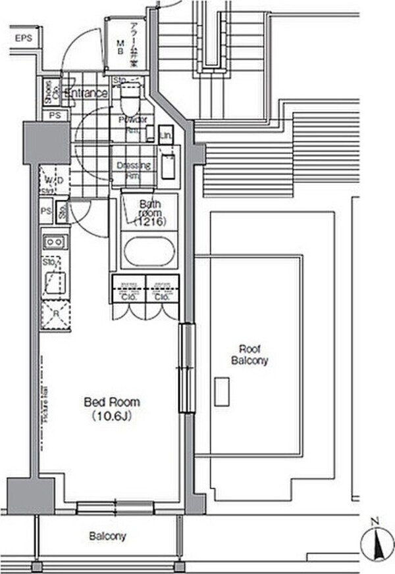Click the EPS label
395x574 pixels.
pos(24,39)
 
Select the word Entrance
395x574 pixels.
pos(86,93)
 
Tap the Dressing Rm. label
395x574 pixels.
pos(134,170)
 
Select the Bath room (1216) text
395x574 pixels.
pos(149,213)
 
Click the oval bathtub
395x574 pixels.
pos(150,253)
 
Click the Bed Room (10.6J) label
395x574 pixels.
pos(111,408)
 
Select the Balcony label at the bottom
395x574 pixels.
pos(107,537)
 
